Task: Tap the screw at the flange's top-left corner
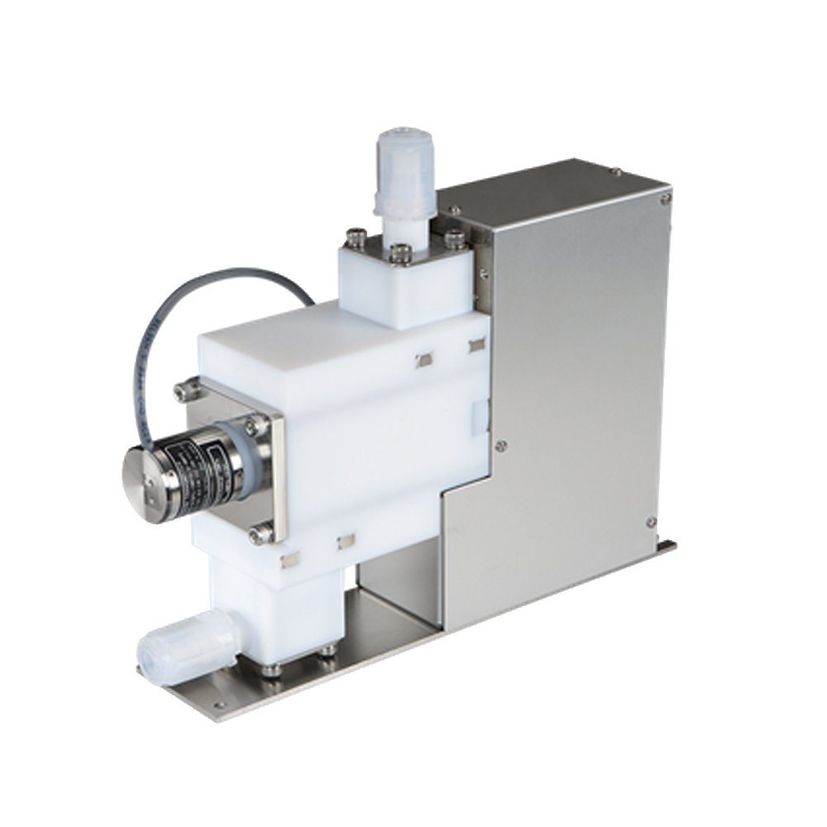(x=185, y=390)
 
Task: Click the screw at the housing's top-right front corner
(x=665, y=198)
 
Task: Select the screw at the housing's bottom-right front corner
(x=651, y=523)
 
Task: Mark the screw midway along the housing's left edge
(x=500, y=446)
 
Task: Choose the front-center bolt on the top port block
(x=400, y=254)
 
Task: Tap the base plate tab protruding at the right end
(x=666, y=547)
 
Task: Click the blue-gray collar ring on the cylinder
(x=246, y=451)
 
